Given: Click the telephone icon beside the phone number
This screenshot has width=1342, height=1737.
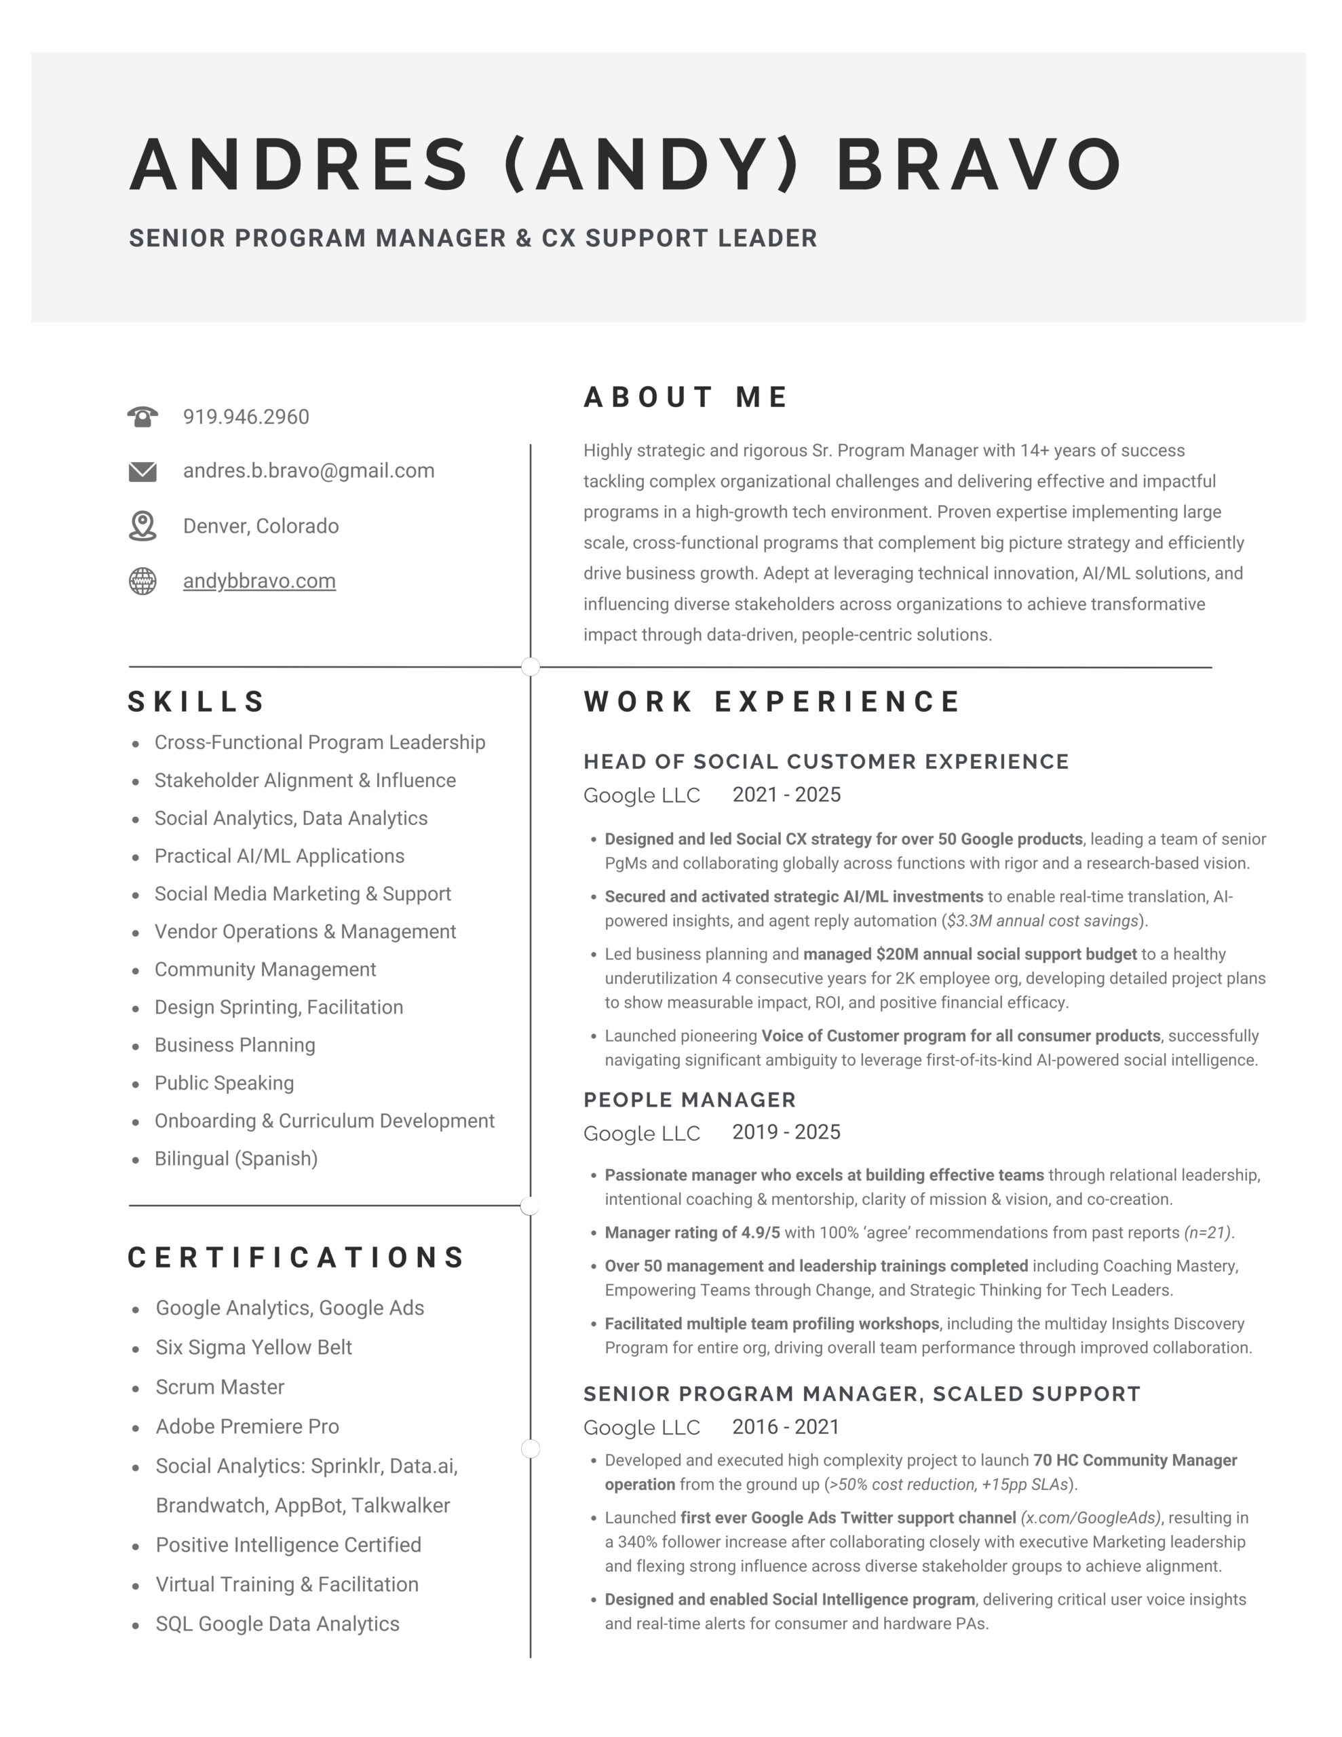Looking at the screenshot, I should [142, 417].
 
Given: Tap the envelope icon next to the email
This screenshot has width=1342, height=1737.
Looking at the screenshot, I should [142, 472].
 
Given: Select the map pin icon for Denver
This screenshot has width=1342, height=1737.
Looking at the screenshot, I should [142, 526].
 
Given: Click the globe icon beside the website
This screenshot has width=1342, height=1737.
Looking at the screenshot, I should [142, 581].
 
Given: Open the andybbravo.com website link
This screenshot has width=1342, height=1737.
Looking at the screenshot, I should [259, 581].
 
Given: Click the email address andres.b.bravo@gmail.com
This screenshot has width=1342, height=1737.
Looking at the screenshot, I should [309, 471].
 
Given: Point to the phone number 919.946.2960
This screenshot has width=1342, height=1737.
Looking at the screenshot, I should [246, 417].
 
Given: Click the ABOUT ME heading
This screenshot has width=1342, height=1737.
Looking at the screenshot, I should [686, 397].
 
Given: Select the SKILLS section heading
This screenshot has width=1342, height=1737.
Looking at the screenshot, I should [197, 702].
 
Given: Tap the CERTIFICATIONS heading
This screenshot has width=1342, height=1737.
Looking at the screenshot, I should [296, 1257].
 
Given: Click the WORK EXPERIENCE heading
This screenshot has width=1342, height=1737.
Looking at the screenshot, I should [772, 702].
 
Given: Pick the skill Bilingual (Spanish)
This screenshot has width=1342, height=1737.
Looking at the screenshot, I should [236, 1159].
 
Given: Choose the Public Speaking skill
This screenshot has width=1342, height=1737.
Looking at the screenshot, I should [225, 1083].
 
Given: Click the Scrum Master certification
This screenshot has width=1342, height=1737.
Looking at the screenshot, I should [220, 1387].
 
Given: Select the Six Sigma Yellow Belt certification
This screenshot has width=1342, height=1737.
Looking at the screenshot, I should [254, 1348].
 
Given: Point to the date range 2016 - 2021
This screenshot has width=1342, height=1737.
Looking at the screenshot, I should [786, 1427].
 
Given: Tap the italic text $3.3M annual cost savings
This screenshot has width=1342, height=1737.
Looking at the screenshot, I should [1042, 921].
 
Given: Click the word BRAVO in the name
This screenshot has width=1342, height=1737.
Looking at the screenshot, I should [979, 165].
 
